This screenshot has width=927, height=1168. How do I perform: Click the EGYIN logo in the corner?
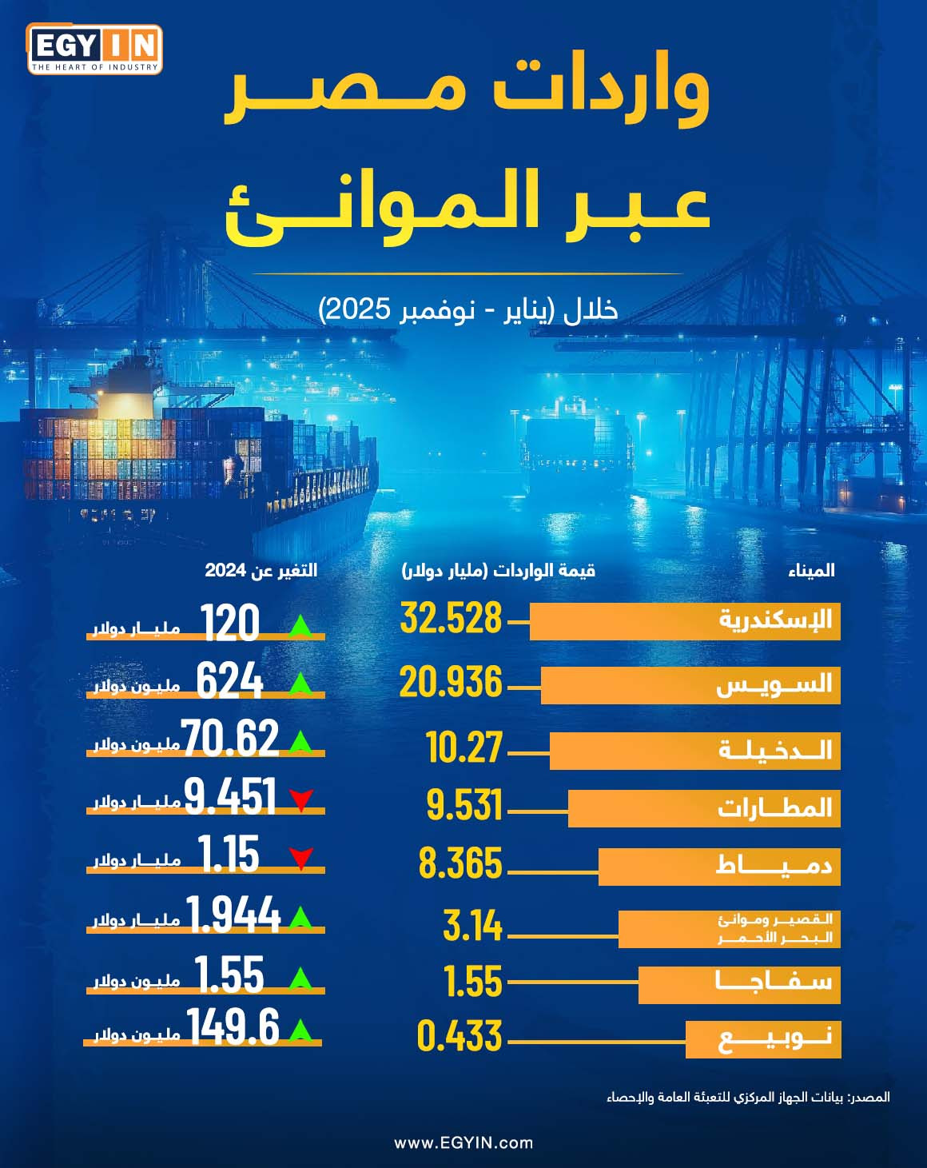coord(94,50)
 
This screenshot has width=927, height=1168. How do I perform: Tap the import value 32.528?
coord(451,619)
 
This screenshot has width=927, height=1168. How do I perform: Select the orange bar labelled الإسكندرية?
coord(685,621)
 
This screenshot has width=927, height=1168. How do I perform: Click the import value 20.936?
coord(451,683)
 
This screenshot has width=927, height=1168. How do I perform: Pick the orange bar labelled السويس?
coord(690,686)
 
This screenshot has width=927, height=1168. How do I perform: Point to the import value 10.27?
coord(463,748)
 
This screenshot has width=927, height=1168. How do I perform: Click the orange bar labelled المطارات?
coord(704,808)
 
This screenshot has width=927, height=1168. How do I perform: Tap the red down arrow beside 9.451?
coord(300,800)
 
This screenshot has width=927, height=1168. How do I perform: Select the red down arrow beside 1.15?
coord(300,858)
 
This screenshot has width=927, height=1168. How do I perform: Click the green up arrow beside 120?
coord(300,625)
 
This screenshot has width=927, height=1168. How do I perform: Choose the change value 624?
coord(229,681)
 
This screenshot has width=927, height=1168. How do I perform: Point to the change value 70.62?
coord(231,739)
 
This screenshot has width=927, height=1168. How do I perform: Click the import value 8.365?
coord(460,864)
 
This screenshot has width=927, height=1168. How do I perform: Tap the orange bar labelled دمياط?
coord(719,867)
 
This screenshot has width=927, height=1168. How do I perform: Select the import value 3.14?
coord(472,926)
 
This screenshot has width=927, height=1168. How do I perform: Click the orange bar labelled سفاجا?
coord(739,984)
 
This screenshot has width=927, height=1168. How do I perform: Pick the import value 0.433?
coord(460,1037)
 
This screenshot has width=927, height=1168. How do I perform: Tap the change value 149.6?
coord(233,1028)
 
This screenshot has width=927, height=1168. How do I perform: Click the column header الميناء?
coord(810,571)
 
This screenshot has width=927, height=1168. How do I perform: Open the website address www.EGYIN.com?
coord(463,1143)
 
